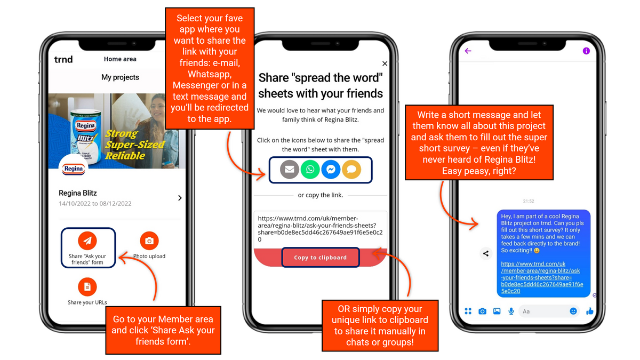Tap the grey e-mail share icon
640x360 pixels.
point(289,170)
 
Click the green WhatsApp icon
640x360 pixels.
point(310,170)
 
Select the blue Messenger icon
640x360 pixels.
point(331,170)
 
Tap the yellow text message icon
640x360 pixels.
point(351,170)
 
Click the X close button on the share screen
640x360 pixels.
point(385,63)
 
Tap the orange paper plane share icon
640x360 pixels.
point(87,241)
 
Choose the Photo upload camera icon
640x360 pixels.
point(149,241)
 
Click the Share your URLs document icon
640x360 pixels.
point(87,286)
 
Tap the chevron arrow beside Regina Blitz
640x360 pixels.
point(180,198)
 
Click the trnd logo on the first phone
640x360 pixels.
point(63,59)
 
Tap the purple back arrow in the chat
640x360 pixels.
point(468,51)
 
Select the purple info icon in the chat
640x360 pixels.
point(586,51)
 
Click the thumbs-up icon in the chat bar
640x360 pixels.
point(590,311)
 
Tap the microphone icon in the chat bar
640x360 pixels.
point(511,311)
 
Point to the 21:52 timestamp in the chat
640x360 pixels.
point(529,201)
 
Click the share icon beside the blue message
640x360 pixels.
point(486,253)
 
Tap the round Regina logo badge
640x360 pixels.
point(74,168)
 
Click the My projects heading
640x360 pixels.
point(120,77)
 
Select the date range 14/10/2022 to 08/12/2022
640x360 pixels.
point(95,203)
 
